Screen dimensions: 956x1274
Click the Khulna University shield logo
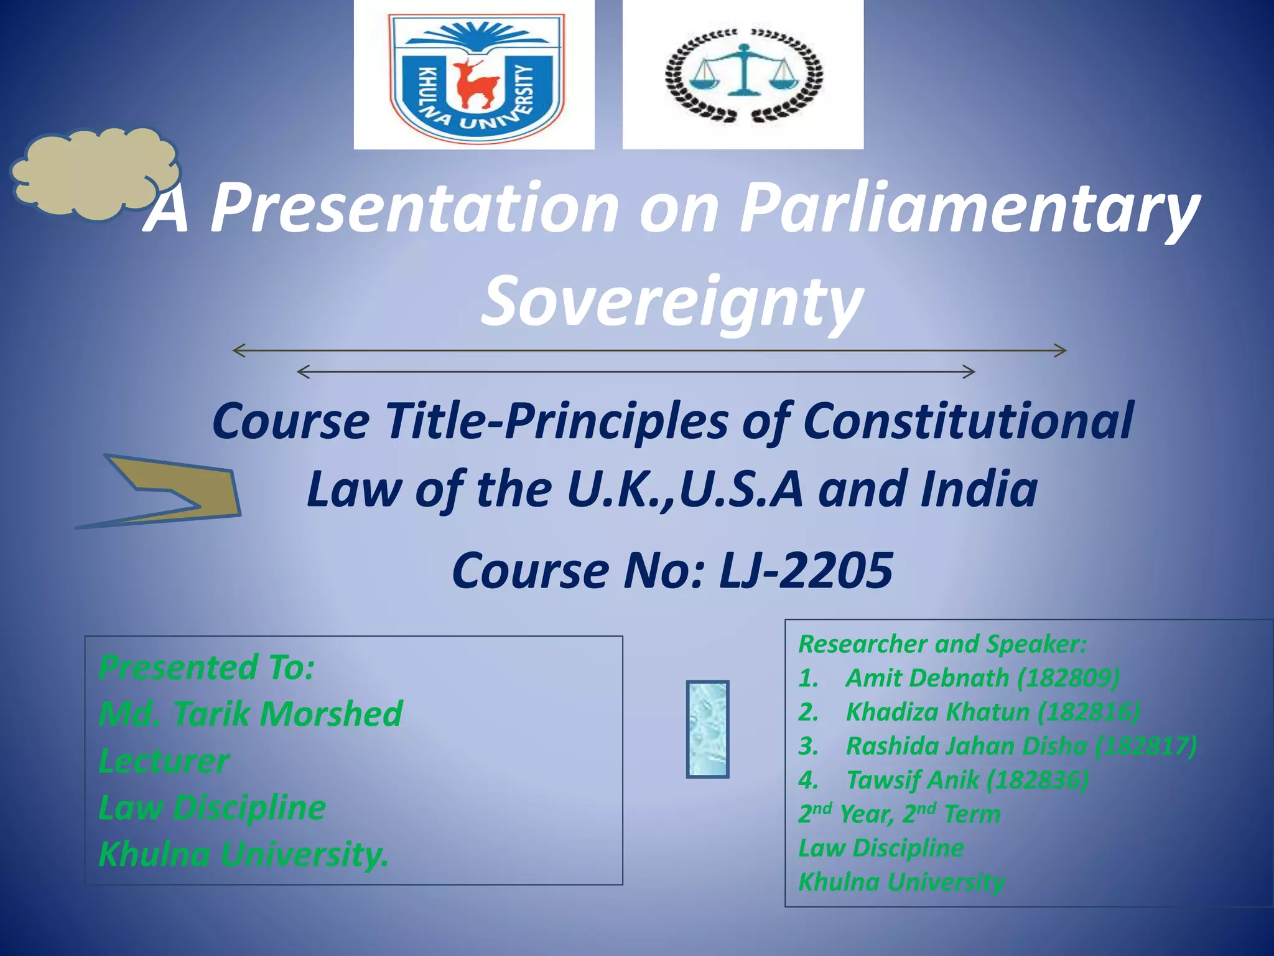[476, 73]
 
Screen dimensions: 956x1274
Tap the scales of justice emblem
[743, 74]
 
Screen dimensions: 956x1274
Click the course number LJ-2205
[806, 570]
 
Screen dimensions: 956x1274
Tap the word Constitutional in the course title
[967, 421]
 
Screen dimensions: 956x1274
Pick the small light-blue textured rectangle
[707, 729]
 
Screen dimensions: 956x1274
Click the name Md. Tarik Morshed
[251, 713]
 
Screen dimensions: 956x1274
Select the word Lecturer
[164, 761]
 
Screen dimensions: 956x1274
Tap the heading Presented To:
[207, 667]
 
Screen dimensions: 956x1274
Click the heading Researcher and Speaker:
[942, 644]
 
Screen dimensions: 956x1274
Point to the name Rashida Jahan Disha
[966, 746]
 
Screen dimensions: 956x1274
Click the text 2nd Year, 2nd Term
[900, 813]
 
